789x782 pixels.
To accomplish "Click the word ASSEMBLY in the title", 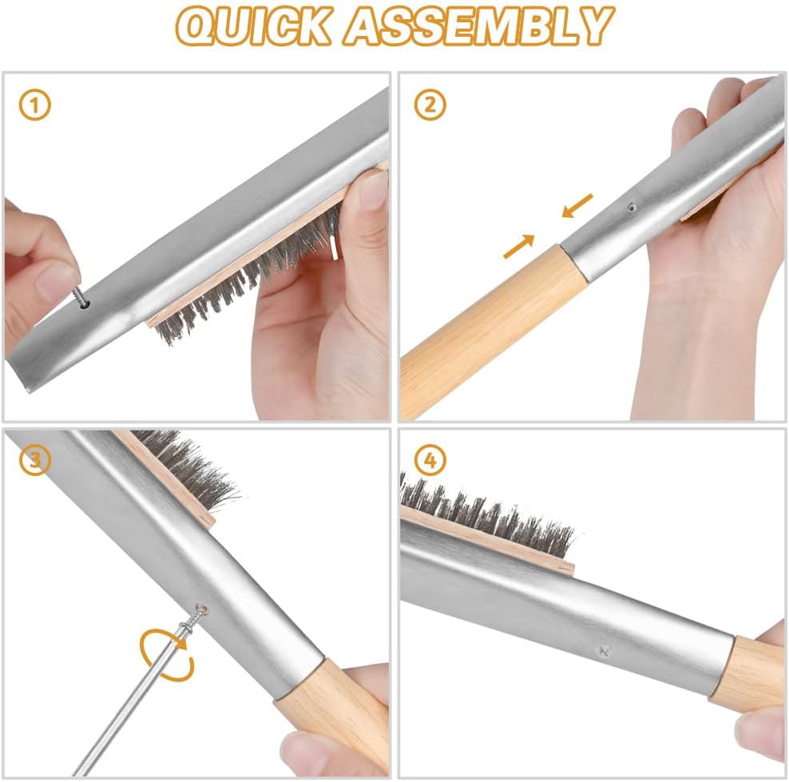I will pos(479,26).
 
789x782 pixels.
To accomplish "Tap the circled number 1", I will pos(35,105).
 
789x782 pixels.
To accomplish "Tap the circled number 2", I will pos(430,105).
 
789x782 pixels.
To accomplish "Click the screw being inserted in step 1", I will pos(80,296).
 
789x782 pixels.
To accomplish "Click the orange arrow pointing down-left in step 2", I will pos(577,204).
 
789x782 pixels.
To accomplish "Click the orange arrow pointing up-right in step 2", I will pos(519,246).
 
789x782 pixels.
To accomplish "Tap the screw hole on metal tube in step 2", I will pos(631,206).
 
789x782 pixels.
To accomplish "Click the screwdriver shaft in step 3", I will pos(136,703).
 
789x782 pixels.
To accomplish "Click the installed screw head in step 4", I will pos(603,651).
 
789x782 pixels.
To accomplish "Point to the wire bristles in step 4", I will pos(487,511).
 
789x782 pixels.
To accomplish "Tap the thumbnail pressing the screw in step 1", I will pos(57,280).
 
